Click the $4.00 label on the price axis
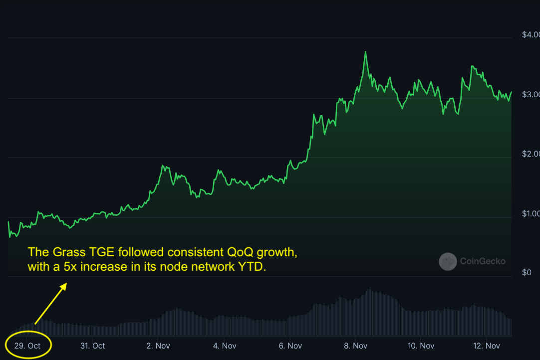[531, 35]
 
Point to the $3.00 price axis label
[531, 95]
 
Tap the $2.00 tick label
[531, 154]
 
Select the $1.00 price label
[531, 214]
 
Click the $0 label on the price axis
[527, 273]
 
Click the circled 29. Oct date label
[28, 346]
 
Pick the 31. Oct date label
[92, 346]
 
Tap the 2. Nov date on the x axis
[159, 346]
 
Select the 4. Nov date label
[225, 346]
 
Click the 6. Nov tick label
[290, 346]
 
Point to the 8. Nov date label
[356, 346]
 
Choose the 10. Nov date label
[421, 346]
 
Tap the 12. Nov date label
[487, 346]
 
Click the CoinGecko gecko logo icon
[448, 261]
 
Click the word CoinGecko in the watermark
[483, 261]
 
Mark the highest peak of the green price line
[366, 52]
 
